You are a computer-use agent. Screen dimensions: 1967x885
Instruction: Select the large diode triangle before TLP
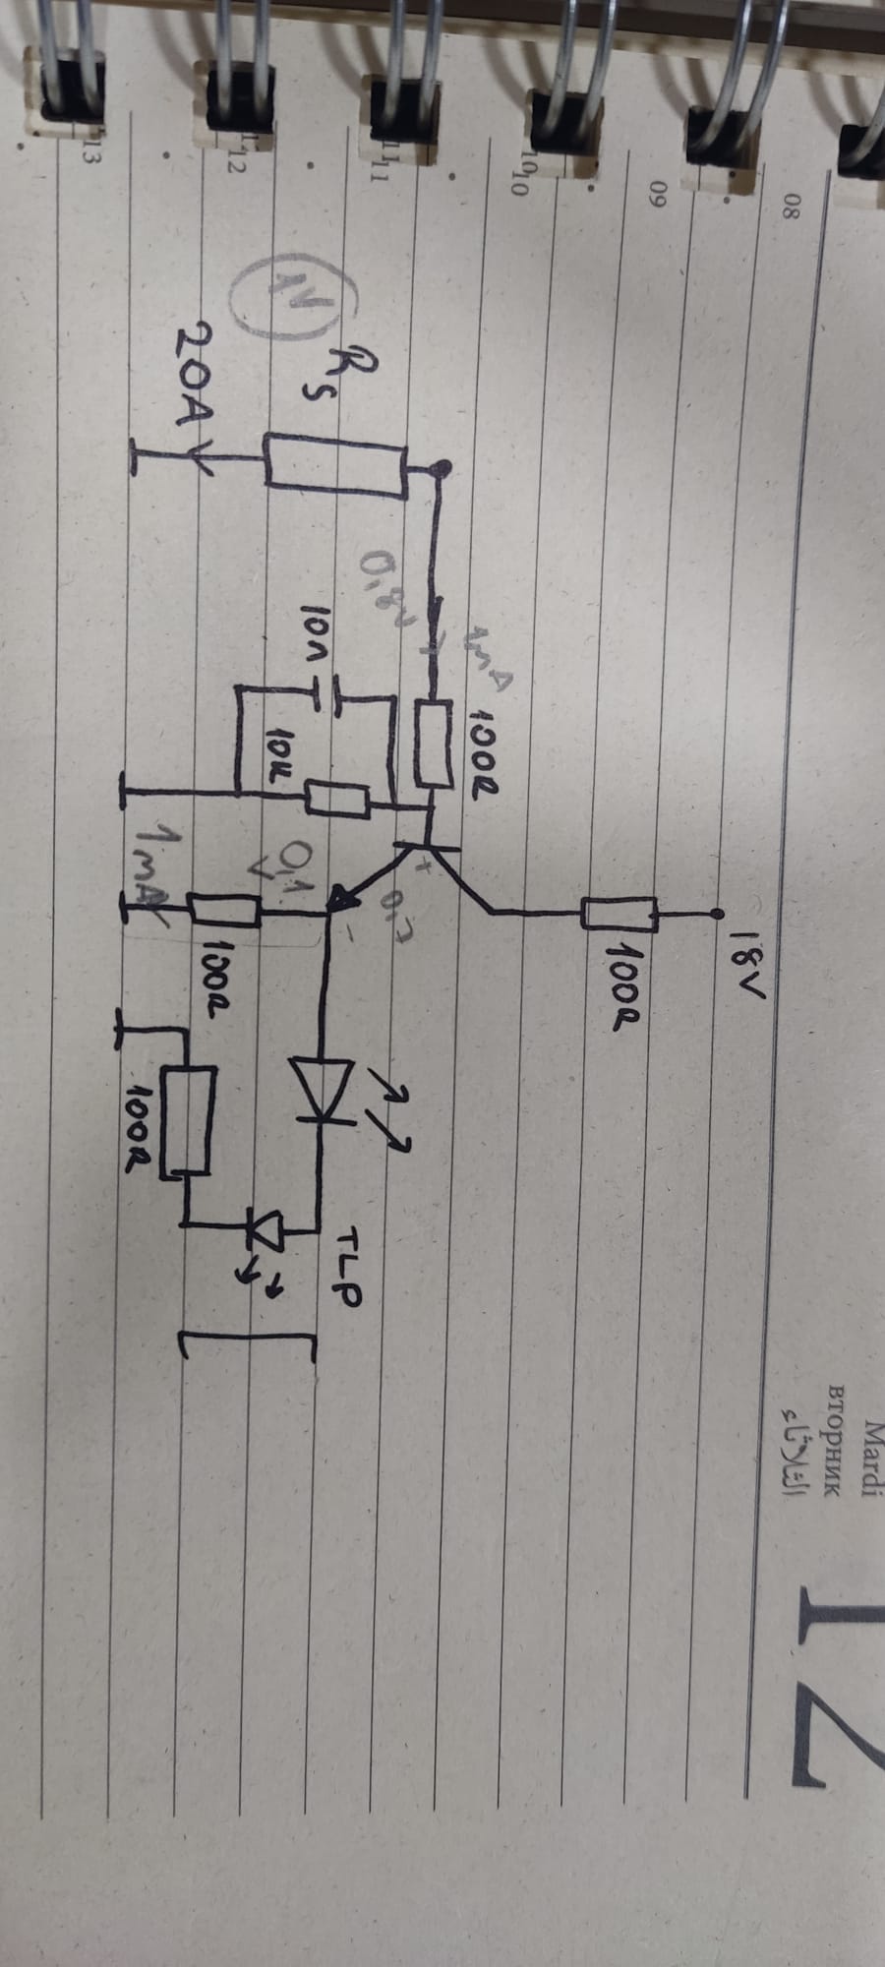(x=321, y=1087)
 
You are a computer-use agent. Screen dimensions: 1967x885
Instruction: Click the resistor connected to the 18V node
(x=619, y=914)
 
